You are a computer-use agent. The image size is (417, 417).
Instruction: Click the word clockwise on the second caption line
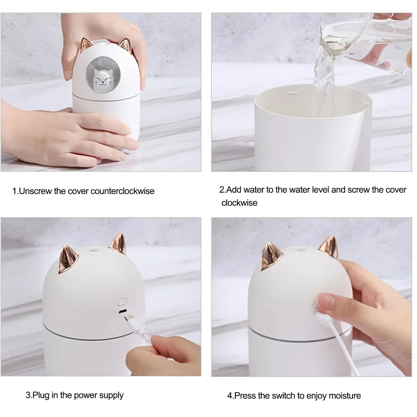[239, 203]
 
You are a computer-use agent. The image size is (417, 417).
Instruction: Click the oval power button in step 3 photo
[122, 301]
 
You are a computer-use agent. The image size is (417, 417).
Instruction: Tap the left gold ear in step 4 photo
[271, 256]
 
